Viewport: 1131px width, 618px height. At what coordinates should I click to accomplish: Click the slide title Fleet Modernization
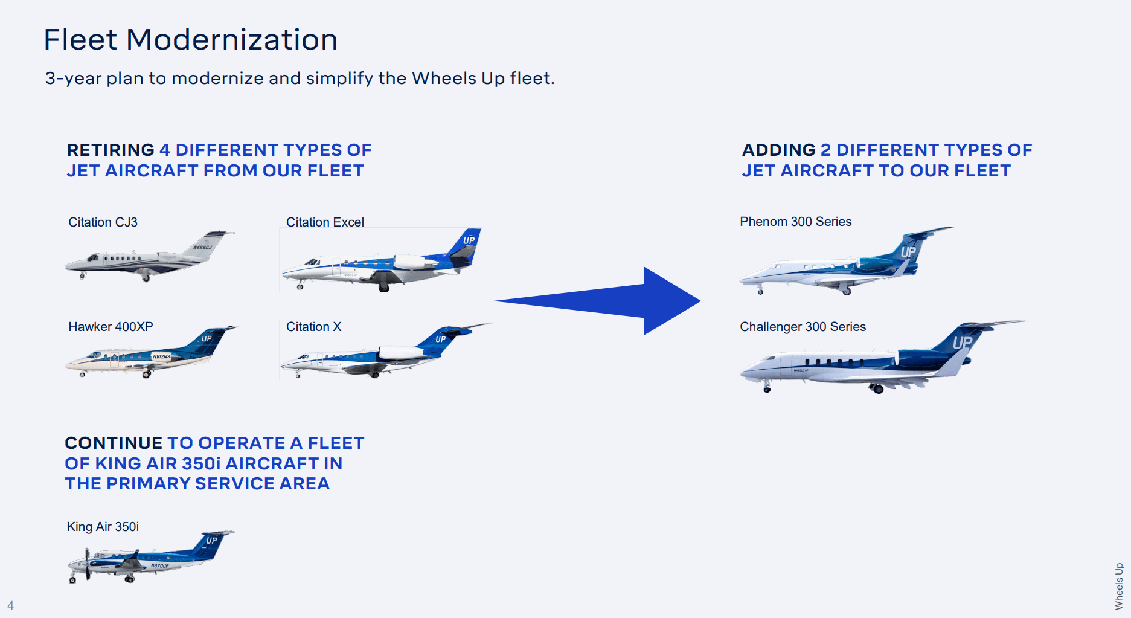(190, 40)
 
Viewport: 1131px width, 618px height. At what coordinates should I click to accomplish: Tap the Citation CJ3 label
(103, 222)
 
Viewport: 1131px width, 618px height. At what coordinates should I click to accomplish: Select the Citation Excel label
(325, 222)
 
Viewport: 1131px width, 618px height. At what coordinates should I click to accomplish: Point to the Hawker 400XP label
(111, 327)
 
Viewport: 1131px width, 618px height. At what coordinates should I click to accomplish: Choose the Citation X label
(313, 327)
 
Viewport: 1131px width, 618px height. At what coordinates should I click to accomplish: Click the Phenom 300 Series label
(795, 222)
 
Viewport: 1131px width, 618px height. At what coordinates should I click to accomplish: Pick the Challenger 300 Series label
(803, 327)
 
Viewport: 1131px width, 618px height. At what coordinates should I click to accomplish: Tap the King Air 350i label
(103, 527)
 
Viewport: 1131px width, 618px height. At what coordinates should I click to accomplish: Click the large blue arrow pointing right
(604, 301)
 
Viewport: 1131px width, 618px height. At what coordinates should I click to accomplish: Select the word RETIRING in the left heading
(111, 150)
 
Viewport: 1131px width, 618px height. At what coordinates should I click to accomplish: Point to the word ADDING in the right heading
(778, 150)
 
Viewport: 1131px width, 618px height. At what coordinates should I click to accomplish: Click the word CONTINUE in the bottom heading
(114, 443)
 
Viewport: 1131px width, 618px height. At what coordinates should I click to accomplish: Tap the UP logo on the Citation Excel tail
(469, 240)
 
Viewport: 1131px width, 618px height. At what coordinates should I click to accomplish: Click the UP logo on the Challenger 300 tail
(963, 343)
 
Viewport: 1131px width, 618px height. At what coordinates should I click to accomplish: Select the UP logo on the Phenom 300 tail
(908, 252)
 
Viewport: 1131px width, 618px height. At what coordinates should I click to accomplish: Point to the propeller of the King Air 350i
(88, 563)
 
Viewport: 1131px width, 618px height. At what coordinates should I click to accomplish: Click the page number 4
(10, 605)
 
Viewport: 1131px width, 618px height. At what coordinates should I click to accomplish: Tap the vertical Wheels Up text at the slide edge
(1119, 586)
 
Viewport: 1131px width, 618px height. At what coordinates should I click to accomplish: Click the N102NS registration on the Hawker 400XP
(161, 357)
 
